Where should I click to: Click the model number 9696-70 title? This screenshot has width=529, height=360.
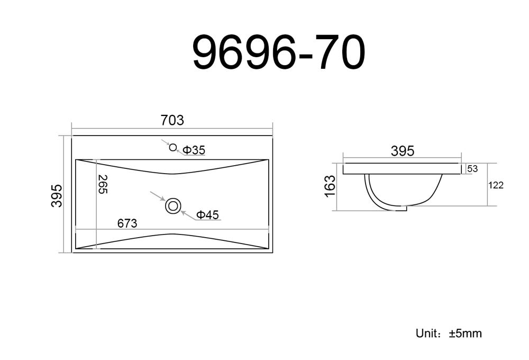click(279, 52)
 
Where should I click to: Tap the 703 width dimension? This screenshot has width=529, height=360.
click(172, 120)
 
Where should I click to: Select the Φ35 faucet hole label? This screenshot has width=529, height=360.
click(194, 150)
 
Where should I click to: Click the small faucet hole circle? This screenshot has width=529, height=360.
click(173, 147)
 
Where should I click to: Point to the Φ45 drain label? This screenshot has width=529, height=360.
click(207, 214)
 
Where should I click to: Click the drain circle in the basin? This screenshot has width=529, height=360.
click(173, 205)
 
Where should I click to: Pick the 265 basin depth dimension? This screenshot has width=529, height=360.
click(103, 184)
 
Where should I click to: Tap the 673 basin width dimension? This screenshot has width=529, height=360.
click(127, 223)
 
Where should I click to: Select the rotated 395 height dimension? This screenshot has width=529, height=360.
click(57, 195)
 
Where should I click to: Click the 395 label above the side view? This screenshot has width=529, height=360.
click(403, 151)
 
